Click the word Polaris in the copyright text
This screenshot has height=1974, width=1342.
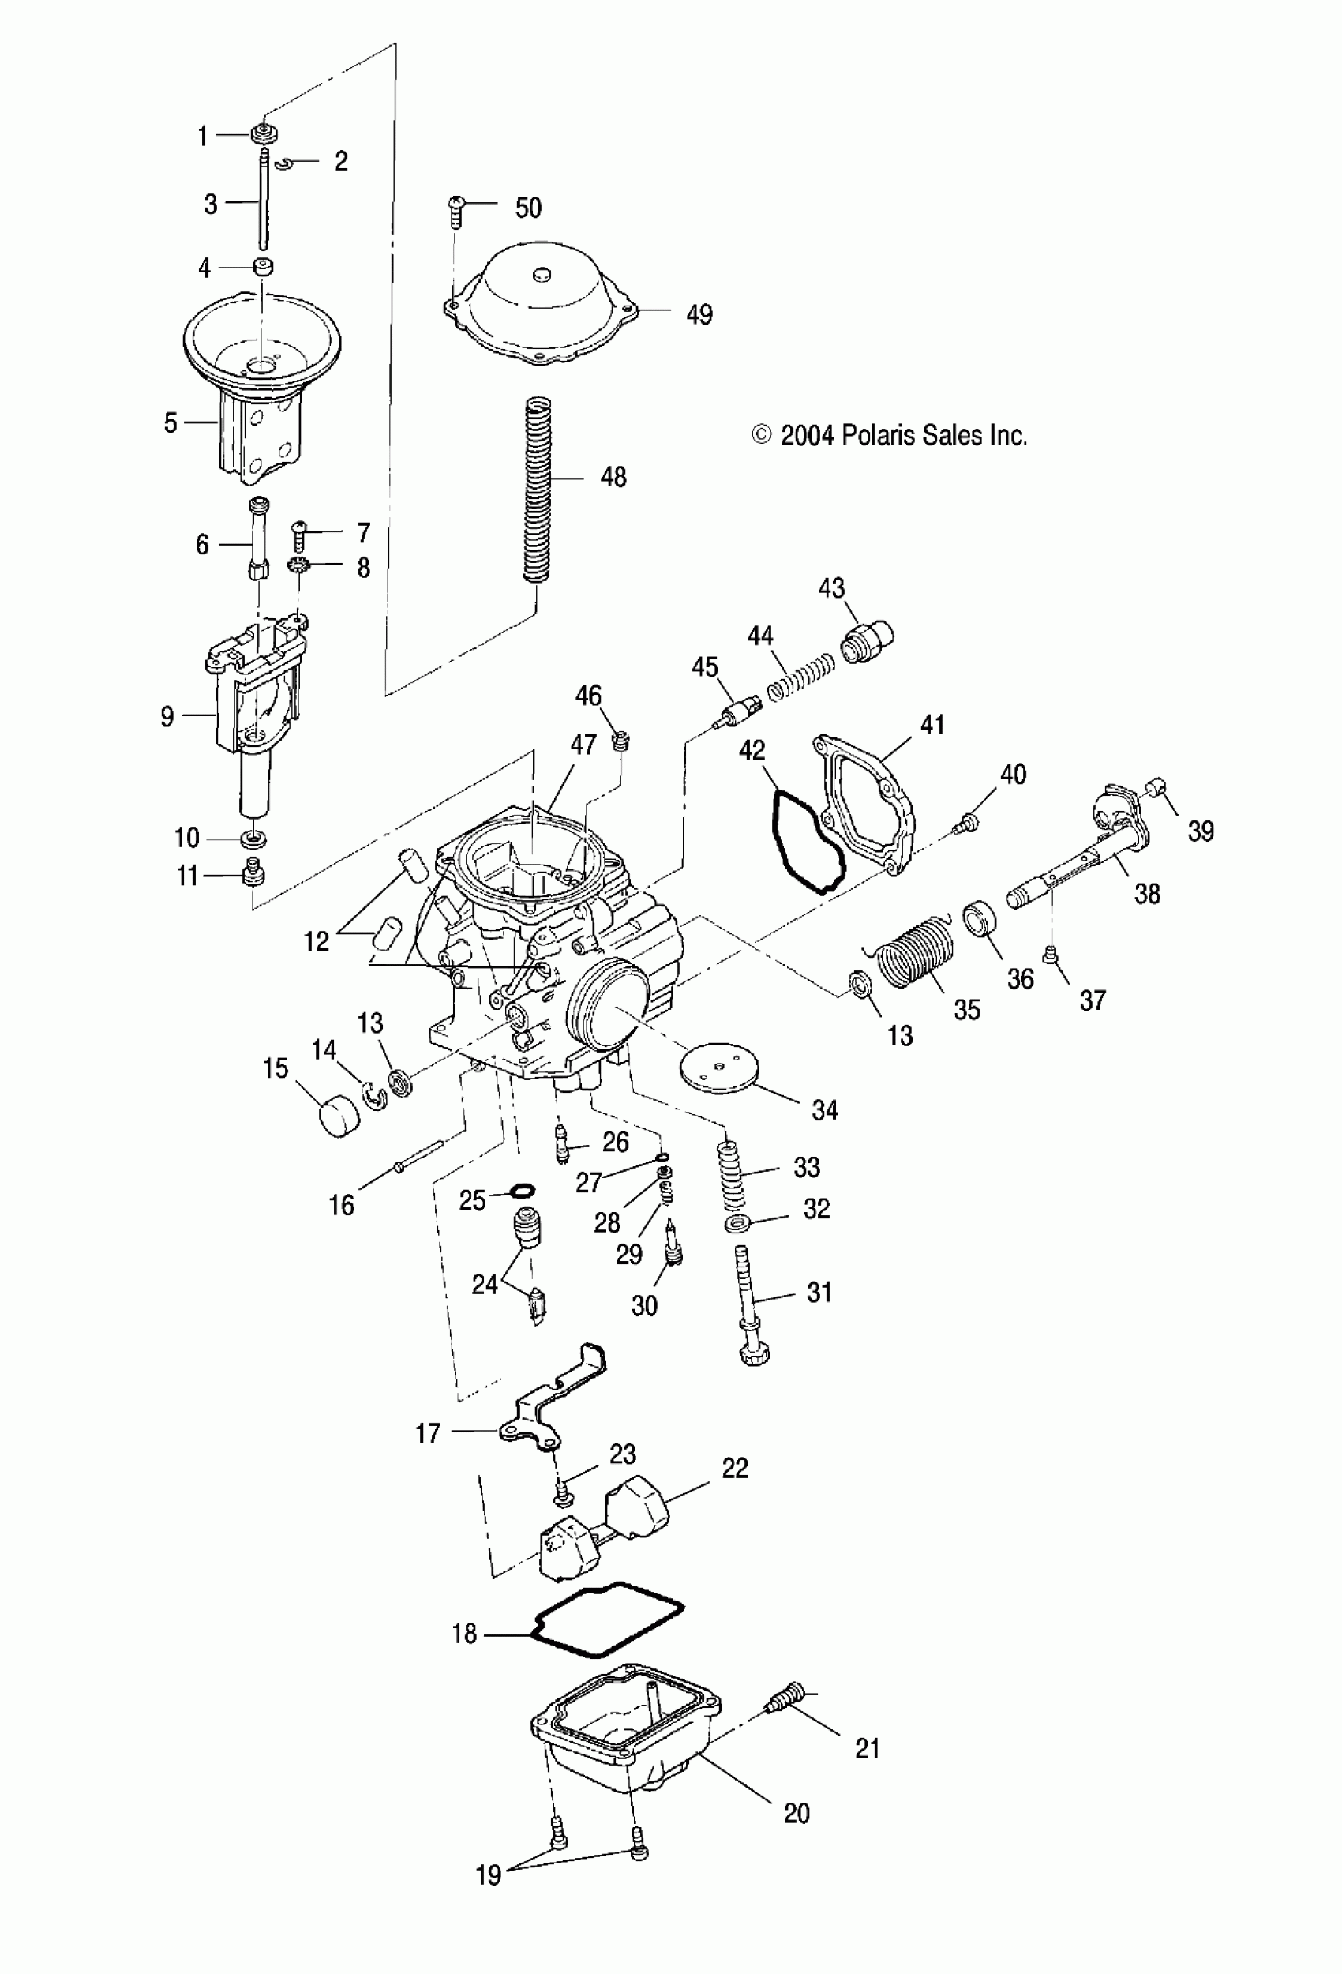pyautogui.click(x=877, y=436)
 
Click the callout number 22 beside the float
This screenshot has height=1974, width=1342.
pyautogui.click(x=735, y=1468)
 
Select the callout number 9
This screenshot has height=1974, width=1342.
pyautogui.click(x=167, y=717)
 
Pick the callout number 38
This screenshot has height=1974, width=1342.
pyautogui.click(x=1147, y=894)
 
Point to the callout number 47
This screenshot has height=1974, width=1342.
pyautogui.click(x=583, y=745)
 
